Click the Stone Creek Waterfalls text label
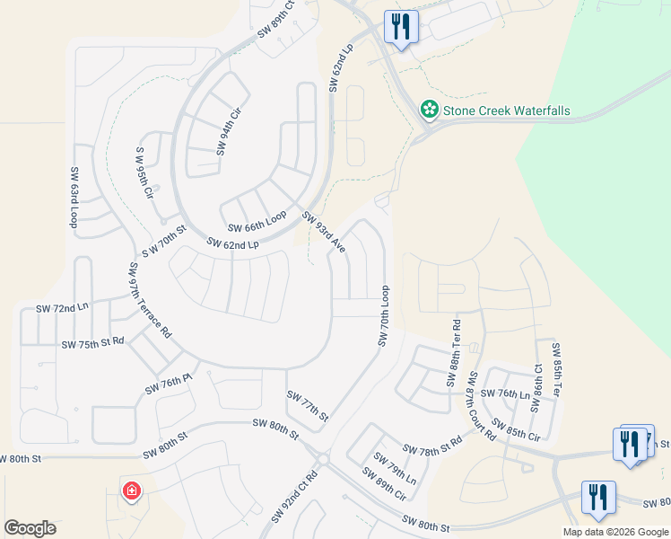click(507, 110)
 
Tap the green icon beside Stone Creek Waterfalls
click(430, 110)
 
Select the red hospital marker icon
click(132, 491)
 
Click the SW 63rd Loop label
click(74, 195)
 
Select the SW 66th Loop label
click(257, 222)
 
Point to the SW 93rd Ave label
click(324, 231)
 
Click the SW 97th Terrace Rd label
click(150, 299)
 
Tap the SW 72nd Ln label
click(63, 308)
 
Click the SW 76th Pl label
click(170, 385)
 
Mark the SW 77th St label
click(308, 406)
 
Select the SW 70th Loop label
click(384, 316)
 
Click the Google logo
click(30, 528)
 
